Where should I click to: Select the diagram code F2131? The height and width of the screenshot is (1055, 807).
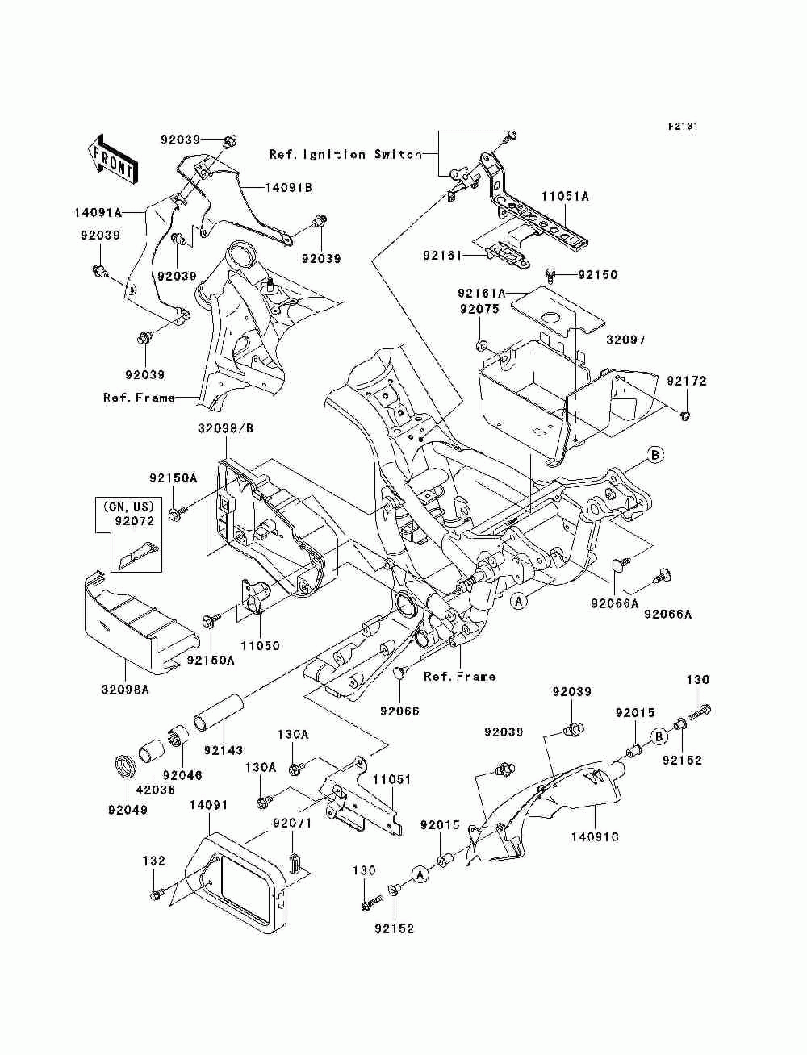(x=683, y=127)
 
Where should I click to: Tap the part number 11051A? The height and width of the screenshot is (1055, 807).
(x=565, y=196)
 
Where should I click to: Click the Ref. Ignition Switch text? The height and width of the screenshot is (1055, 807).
(x=345, y=154)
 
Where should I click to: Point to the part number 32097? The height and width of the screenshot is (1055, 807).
(x=625, y=340)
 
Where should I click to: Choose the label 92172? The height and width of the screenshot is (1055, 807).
(x=686, y=382)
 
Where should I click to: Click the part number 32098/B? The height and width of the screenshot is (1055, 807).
(x=225, y=428)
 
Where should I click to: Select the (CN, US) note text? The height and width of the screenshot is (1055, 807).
(x=128, y=506)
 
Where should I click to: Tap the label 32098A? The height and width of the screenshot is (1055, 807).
(x=125, y=690)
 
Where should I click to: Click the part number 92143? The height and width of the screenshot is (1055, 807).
(x=224, y=750)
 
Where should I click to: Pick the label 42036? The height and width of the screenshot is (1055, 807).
(x=155, y=790)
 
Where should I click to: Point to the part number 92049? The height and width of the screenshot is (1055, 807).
(x=128, y=810)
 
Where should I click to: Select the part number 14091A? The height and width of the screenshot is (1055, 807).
(x=98, y=212)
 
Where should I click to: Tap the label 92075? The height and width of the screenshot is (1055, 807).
(x=479, y=309)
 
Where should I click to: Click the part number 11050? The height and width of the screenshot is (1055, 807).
(x=260, y=645)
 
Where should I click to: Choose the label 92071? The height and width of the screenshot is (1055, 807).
(x=292, y=824)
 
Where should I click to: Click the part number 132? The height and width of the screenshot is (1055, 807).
(x=154, y=861)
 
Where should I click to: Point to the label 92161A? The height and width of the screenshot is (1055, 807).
(x=482, y=293)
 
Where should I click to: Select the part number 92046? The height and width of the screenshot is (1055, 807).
(x=182, y=775)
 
